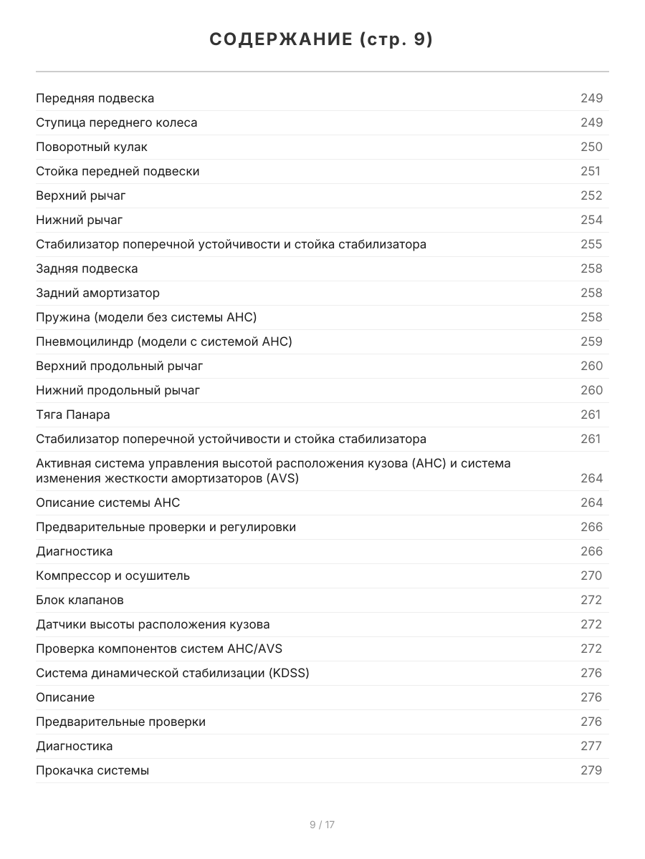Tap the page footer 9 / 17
[322, 825]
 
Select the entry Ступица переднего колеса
[117, 122]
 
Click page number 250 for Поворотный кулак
[591, 147]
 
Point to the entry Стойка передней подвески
[118, 171]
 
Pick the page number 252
[591, 195]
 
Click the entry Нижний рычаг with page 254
[79, 220]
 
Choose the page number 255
[591, 244]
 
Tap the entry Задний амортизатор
[97, 293]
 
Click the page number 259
[591, 341]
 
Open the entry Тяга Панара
[72, 414]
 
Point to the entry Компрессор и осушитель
[113, 576]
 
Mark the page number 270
[591, 576]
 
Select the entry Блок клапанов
[80, 600]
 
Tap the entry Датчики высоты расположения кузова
[153, 624]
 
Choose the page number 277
[591, 746]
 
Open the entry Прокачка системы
[92, 770]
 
